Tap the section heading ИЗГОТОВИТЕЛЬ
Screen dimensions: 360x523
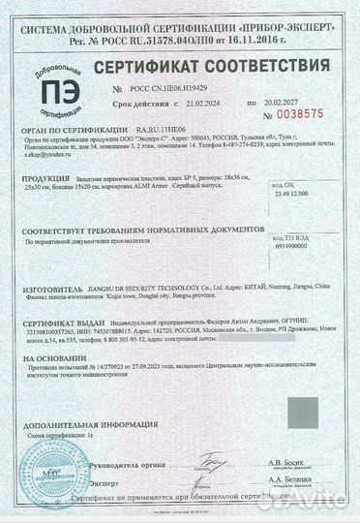(x=57, y=288)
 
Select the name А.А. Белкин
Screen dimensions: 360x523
(x=285, y=478)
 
